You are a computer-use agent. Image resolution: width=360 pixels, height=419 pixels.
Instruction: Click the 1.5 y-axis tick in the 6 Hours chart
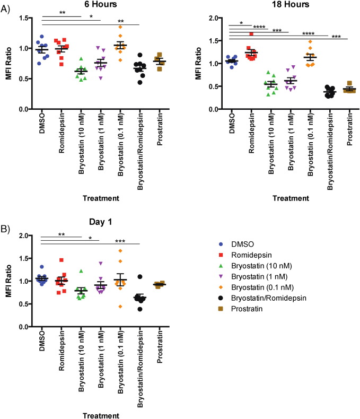coord(22,18)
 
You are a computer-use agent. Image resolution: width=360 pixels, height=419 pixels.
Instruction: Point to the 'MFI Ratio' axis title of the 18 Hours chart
coord(204,63)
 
